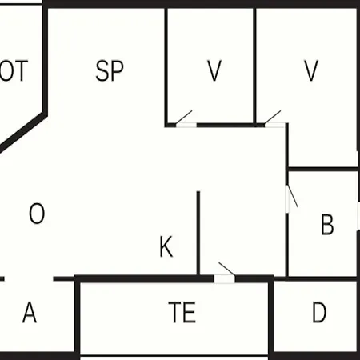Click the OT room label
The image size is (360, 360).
(x=14, y=70)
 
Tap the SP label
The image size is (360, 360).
(x=110, y=70)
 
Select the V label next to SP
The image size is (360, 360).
(x=214, y=70)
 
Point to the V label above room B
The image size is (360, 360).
(x=311, y=70)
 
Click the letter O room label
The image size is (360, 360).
(x=37, y=214)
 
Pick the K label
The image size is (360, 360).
(x=166, y=246)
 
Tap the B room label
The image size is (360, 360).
(x=327, y=224)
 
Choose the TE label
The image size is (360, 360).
(x=182, y=312)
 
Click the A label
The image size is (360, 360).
(x=30, y=312)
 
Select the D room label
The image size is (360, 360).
(x=319, y=312)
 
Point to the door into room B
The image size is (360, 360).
(x=291, y=197)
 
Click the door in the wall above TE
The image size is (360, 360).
(x=226, y=274)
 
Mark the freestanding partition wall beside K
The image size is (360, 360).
(x=198, y=234)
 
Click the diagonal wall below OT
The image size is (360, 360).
(x=22, y=132)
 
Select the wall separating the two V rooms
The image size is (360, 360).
(x=254, y=66)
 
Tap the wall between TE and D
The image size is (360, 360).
(x=271, y=318)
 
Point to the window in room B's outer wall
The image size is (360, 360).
(x=358, y=215)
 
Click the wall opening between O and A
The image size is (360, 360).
(x=29, y=279)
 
